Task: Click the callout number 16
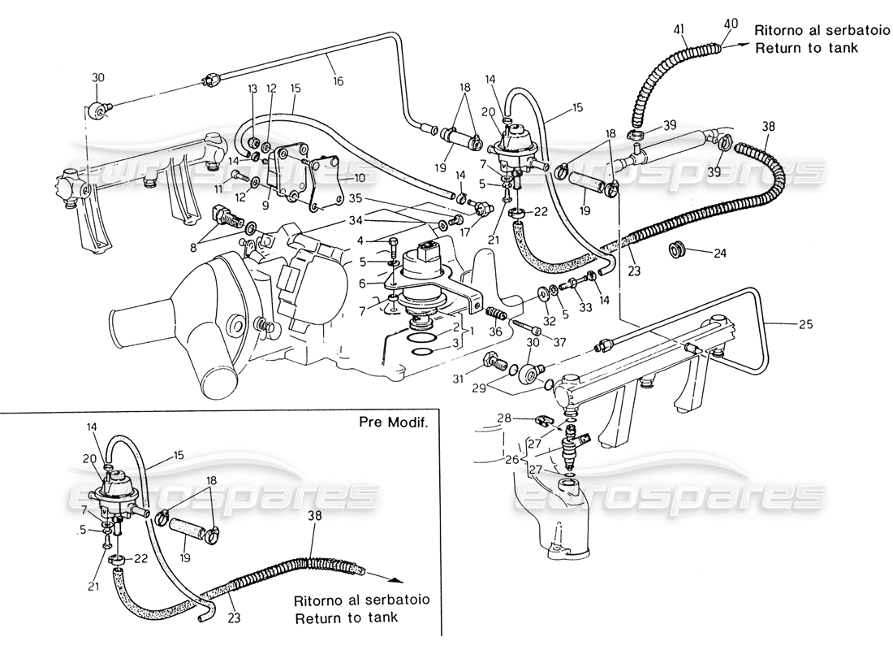tap(338, 81)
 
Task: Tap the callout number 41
tap(679, 30)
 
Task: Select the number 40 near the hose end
tap(731, 25)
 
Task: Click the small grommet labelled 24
tap(675, 247)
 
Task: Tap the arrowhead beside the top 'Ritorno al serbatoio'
tap(741, 48)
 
